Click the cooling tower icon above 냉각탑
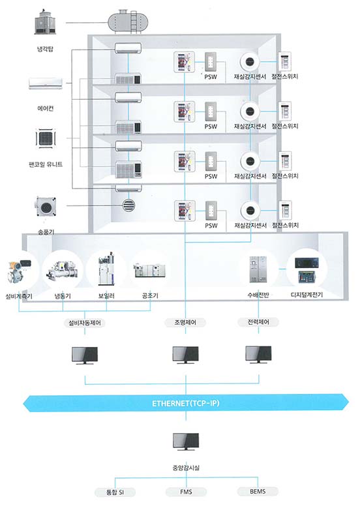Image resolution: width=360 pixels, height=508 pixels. pos(46,22)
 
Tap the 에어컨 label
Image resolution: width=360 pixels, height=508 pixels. pos(46,108)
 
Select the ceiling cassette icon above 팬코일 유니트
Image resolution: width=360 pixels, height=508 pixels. pos(46,139)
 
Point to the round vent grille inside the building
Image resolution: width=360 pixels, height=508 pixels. pos(128,205)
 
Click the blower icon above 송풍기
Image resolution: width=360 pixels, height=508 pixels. pos(46,206)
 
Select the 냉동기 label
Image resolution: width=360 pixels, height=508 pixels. pos(63,296)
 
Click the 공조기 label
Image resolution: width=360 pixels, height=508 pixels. pos(150,295)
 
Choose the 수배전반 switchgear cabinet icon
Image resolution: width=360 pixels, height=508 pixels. pos(258,269)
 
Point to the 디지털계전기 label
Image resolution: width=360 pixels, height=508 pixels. pos(307,295)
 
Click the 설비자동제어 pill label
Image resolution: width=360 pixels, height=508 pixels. pos(85,323)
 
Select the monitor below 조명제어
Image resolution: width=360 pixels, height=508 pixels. pos(185,355)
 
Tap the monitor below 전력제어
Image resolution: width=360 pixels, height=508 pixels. pos(258,355)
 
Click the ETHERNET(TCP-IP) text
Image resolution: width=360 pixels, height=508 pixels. pos(186,403)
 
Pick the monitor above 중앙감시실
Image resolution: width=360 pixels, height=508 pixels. pos(186,441)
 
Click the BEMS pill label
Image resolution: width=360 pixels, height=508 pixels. pos(258,492)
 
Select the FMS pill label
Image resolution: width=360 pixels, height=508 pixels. pos(186,492)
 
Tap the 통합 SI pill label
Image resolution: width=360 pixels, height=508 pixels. pos(115,492)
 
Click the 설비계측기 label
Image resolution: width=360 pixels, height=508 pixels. pos(19,296)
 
